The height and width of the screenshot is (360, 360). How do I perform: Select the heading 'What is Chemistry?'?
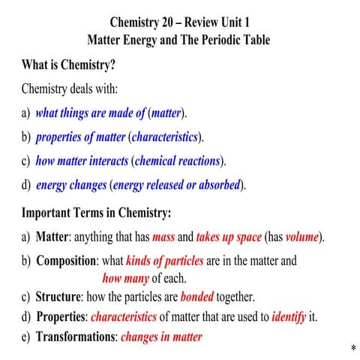pos(68,64)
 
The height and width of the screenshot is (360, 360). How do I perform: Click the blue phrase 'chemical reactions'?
pos(177,160)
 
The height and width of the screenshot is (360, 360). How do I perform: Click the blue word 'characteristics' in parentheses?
pos(164,136)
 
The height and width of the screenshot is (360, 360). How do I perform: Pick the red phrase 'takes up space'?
pos(229,237)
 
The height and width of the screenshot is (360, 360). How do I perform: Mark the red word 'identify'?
pos(289,316)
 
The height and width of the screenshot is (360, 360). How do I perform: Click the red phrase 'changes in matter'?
pos(161,337)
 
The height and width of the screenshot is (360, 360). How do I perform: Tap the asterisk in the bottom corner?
pos(352,350)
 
